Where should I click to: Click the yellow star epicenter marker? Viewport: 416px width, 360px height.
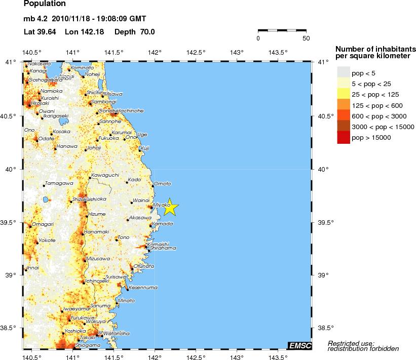(x=170, y=207)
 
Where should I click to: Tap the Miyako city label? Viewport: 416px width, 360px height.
(x=162, y=205)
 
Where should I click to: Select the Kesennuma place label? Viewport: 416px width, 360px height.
(x=138, y=287)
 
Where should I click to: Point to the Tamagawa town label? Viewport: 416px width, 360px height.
(x=56, y=183)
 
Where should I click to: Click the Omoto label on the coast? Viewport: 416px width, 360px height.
(x=162, y=184)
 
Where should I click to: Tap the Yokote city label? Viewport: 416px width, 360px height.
(x=47, y=241)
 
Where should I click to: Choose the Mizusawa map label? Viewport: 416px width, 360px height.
(x=98, y=258)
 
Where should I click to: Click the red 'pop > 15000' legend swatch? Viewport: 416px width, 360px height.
(x=344, y=138)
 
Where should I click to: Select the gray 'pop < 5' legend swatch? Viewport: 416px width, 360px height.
(x=344, y=73)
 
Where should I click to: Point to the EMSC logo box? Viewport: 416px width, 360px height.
(x=299, y=346)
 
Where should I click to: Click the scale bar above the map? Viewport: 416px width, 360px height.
(x=282, y=31)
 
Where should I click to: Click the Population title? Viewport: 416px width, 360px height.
(x=45, y=4)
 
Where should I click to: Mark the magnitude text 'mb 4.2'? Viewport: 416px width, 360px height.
(x=35, y=19)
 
